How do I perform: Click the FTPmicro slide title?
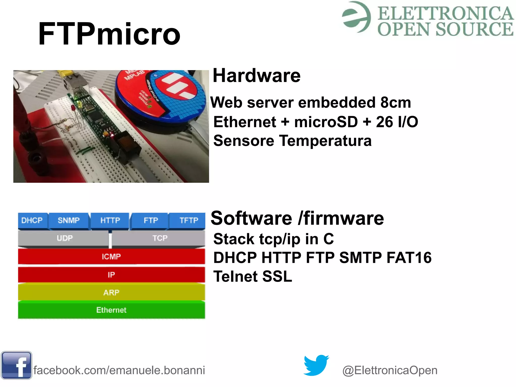click(x=109, y=34)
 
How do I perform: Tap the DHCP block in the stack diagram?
click(x=32, y=220)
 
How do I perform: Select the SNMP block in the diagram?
click(x=69, y=220)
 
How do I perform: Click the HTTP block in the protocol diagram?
click(x=110, y=220)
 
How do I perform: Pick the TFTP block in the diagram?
click(x=188, y=220)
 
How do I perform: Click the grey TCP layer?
click(x=160, y=238)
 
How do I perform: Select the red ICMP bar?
click(x=111, y=256)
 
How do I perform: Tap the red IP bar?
click(x=111, y=275)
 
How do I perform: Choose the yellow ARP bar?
click(x=111, y=292)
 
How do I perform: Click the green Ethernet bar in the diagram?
click(x=111, y=310)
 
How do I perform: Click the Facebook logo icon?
click(x=16, y=365)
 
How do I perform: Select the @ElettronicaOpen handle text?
click(x=390, y=370)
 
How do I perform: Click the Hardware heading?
click(x=256, y=76)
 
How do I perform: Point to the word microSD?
click(x=326, y=122)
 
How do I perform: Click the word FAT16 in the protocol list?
click(x=409, y=258)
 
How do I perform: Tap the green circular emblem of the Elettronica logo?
click(x=356, y=17)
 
